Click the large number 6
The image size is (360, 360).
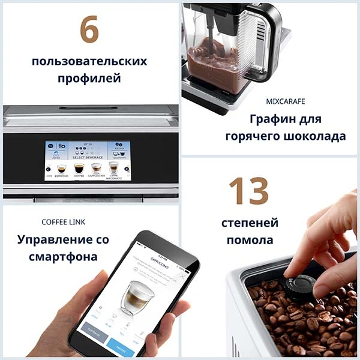[x=89, y=29]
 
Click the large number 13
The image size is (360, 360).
[x=248, y=191]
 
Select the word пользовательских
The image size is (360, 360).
[x=89, y=61]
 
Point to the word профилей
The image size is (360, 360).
[x=89, y=79]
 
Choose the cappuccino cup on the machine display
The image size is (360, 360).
[x=96, y=168]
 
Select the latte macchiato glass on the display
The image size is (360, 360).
[x=113, y=167]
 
